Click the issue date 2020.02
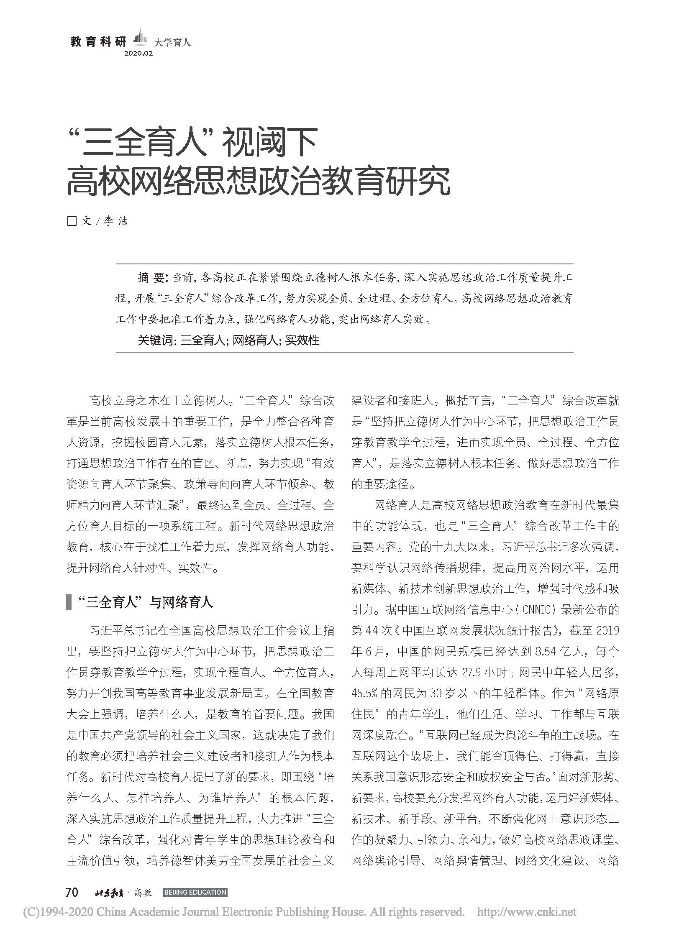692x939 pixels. [x=138, y=54]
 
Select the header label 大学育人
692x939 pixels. [x=172, y=42]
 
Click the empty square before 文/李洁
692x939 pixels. [x=72, y=221]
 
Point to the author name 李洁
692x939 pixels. [x=115, y=221]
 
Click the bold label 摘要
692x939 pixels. [x=152, y=277]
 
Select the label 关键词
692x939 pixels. [x=155, y=340]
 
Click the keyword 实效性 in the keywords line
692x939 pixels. [x=302, y=340]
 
